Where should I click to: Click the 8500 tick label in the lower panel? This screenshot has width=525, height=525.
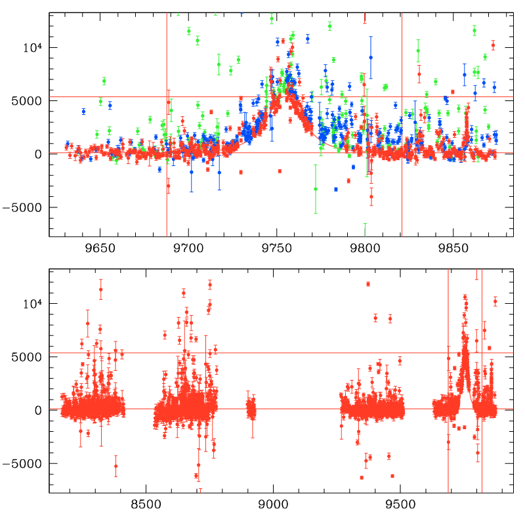[x=145, y=506]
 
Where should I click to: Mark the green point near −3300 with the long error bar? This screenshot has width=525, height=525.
[x=315, y=188]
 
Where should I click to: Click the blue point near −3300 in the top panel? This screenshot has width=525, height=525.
[x=336, y=189]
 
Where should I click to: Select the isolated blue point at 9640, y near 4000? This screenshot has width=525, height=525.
[x=83, y=112]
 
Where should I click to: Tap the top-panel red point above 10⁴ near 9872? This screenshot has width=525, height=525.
[x=493, y=45]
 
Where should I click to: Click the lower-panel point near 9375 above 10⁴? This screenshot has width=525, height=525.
[x=368, y=284]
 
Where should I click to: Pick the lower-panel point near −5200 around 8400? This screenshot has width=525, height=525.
[x=115, y=466]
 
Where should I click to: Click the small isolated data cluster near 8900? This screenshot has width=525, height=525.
[x=251, y=410]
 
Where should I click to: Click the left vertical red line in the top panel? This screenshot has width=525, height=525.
[x=167, y=131]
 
